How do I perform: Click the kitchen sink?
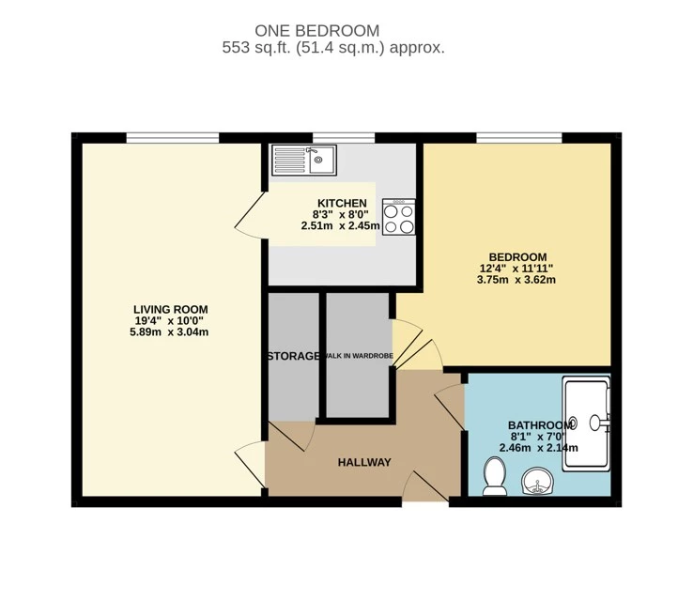click(x=304, y=160)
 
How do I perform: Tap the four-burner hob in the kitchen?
click(x=398, y=217)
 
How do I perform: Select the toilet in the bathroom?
click(x=495, y=477)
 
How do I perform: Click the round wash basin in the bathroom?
click(x=536, y=482)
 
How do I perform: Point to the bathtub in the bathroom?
click(x=587, y=423)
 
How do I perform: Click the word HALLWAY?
click(x=364, y=463)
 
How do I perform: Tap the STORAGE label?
click(x=294, y=356)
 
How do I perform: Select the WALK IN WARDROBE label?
click(x=359, y=356)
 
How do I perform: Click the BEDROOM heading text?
click(x=517, y=256)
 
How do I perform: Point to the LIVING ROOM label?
click(x=170, y=310)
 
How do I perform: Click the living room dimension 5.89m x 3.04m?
click(x=169, y=332)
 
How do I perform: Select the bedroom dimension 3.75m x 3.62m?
click(x=516, y=280)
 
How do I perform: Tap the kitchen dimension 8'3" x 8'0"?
click(x=341, y=214)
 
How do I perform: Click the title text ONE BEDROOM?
click(x=317, y=31)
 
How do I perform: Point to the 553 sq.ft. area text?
click(x=257, y=47)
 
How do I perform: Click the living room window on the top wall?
click(x=173, y=137)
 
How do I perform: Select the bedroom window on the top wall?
click(x=519, y=137)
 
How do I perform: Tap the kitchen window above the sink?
click(x=344, y=137)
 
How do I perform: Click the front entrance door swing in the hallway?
click(x=426, y=486)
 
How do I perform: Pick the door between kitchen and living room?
click(x=250, y=214)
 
